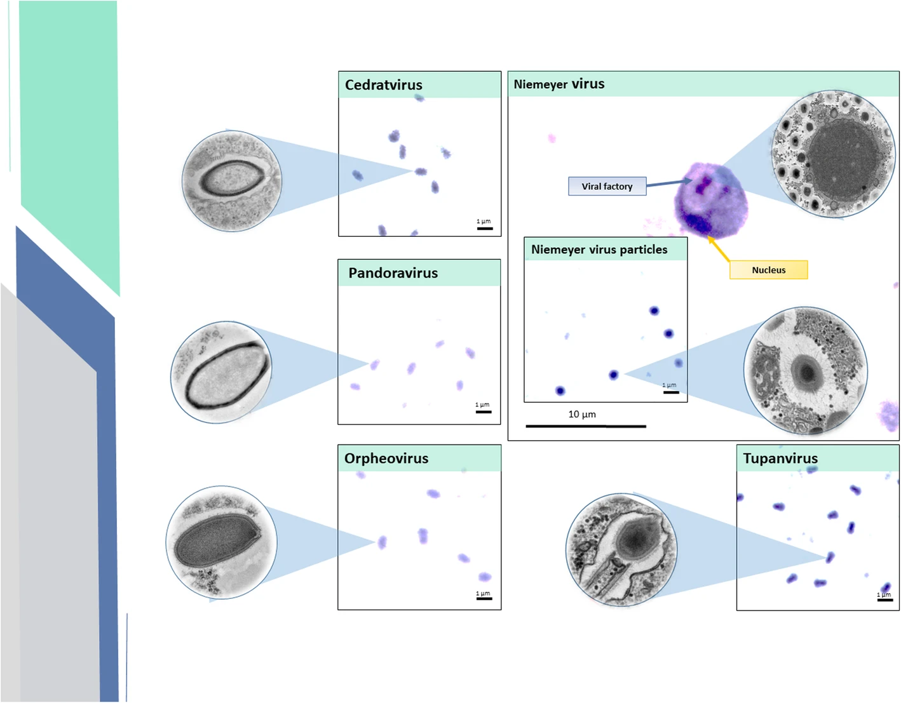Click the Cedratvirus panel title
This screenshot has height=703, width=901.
[383, 84]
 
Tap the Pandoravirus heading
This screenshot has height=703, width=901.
[393, 273]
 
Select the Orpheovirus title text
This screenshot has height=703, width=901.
[386, 459]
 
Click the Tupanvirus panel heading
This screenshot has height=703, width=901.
[780, 459]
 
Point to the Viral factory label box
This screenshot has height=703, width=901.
[607, 186]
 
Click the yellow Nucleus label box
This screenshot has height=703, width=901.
[768, 270]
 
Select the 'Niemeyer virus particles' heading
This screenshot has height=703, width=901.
[599, 250]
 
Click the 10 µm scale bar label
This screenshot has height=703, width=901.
[582, 415]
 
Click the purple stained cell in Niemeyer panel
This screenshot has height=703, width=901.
[710, 200]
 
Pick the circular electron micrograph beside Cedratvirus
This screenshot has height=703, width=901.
[231, 180]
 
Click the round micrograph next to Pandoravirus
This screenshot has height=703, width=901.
[221, 372]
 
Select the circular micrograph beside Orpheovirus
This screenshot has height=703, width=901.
[221, 542]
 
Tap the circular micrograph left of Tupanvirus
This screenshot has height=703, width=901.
[621, 550]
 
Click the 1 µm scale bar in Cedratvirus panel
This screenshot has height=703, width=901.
[484, 227]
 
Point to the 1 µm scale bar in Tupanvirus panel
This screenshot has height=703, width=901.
[884, 599]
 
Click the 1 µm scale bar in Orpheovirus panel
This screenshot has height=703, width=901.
[484, 598]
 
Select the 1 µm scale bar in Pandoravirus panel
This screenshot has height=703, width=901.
[483, 411]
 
